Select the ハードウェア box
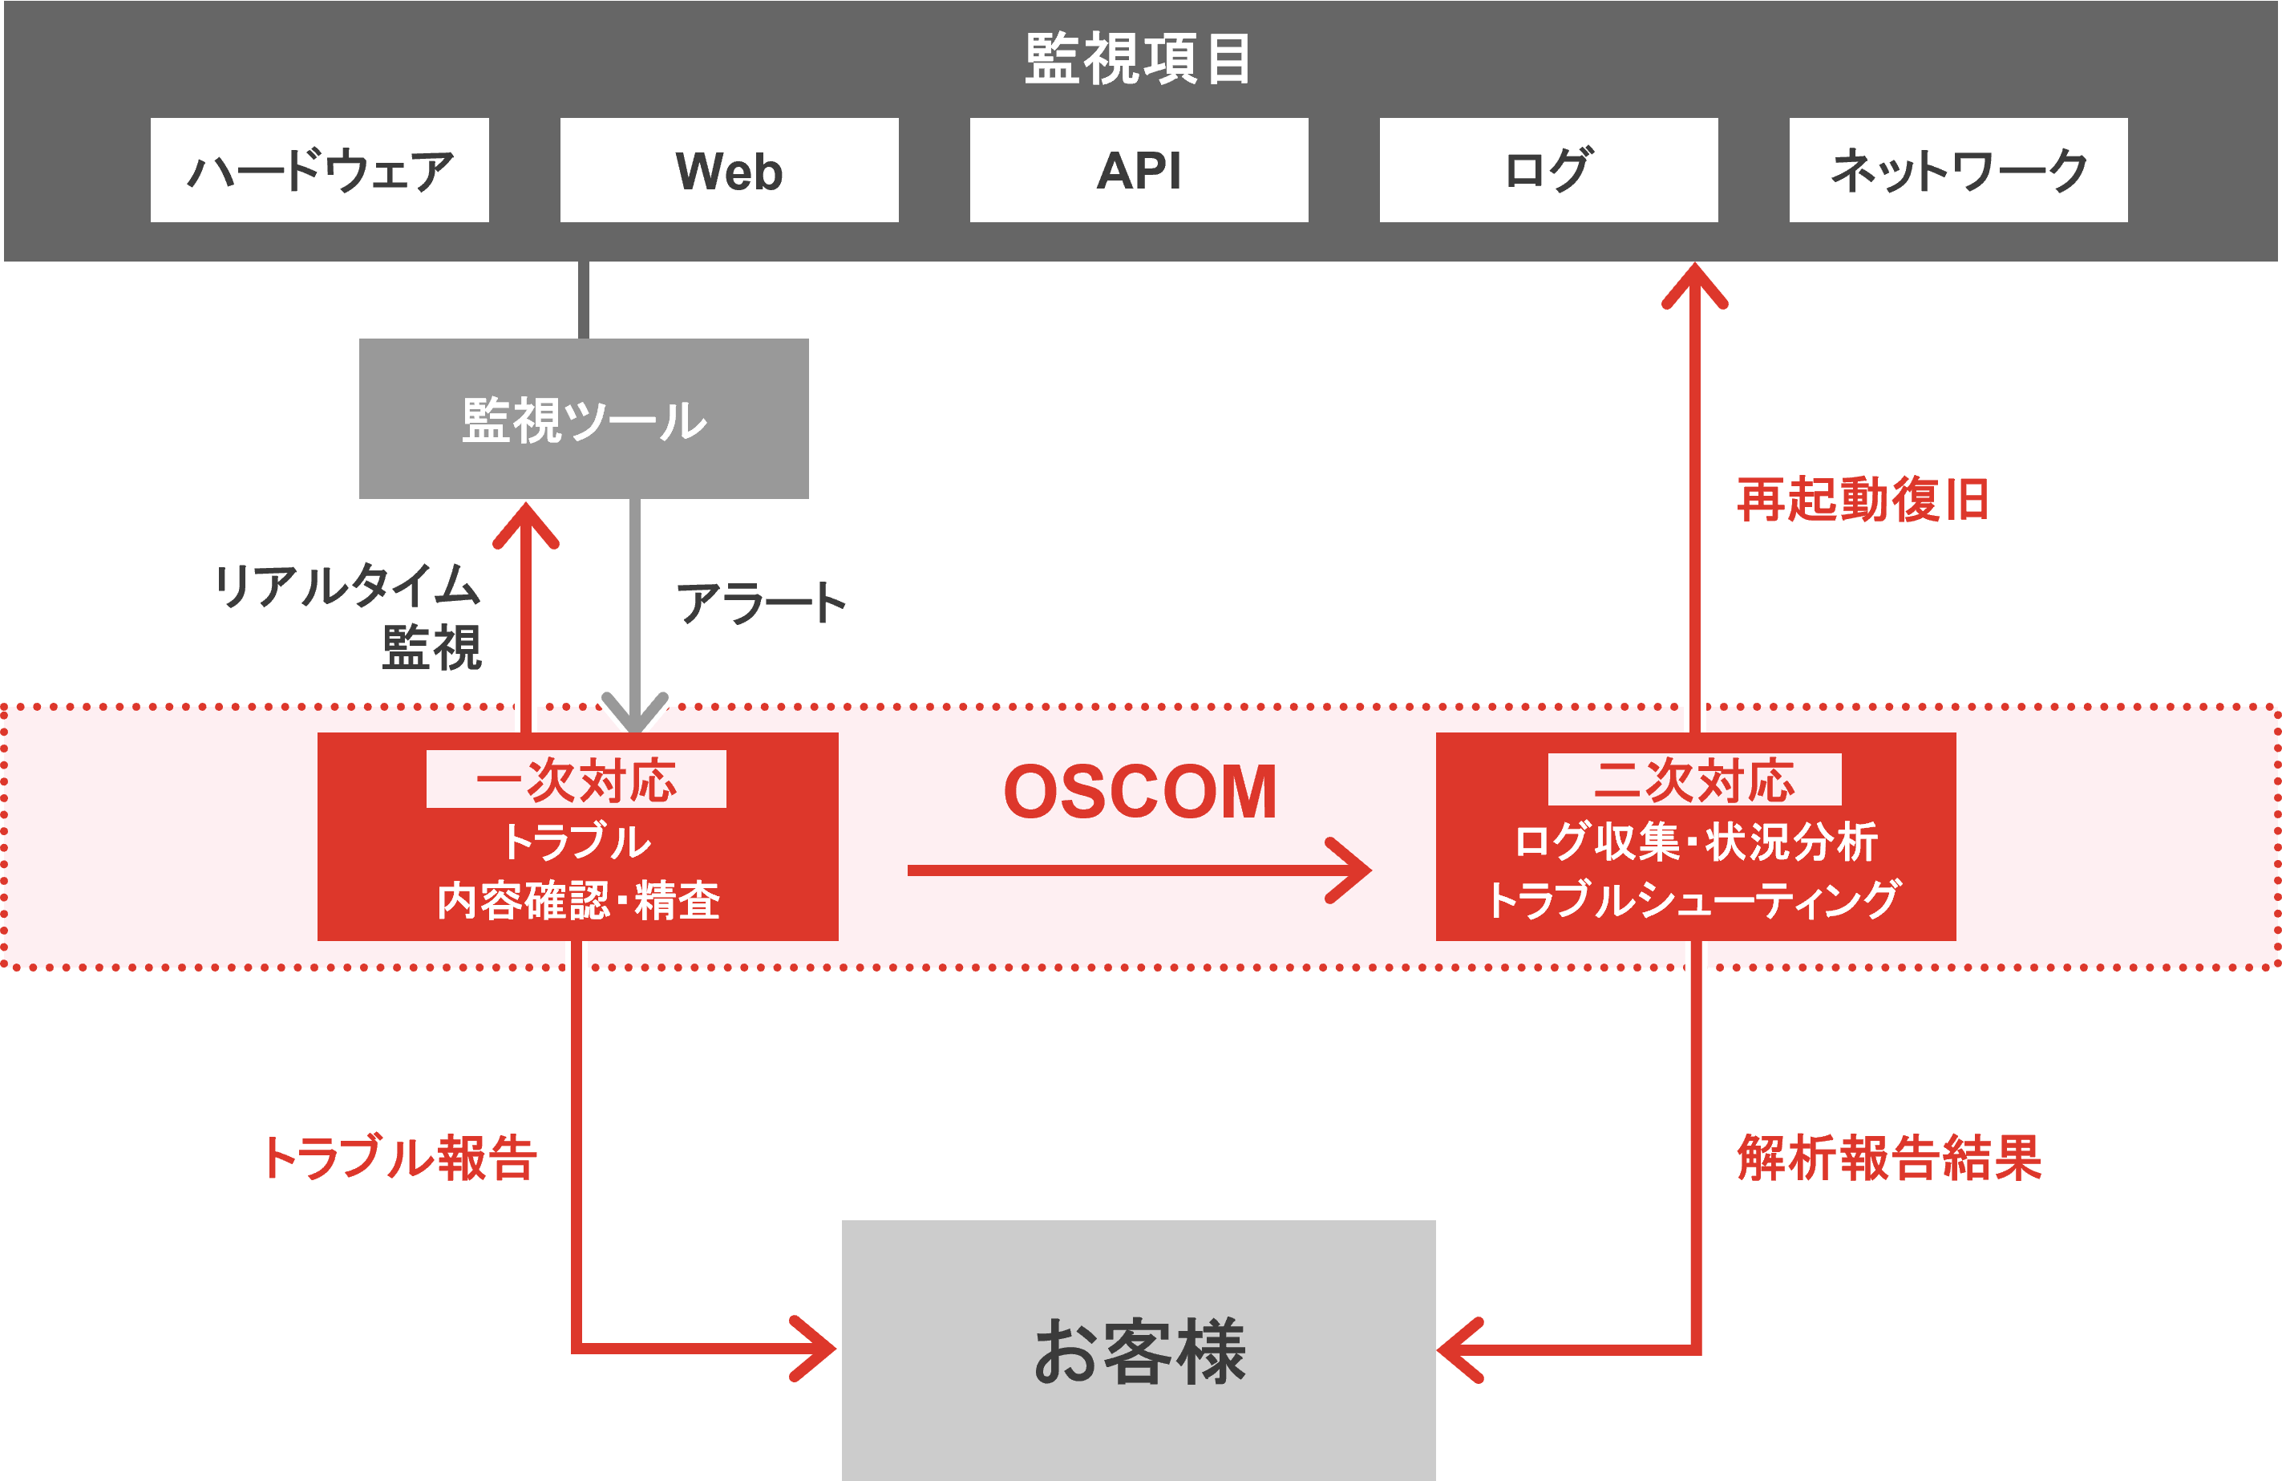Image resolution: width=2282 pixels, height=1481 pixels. coord(319,171)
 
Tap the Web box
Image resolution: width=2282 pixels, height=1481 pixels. coord(729,171)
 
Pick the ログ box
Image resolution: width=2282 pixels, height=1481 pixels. coord(1548,171)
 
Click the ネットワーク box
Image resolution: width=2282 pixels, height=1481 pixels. coord(1958,171)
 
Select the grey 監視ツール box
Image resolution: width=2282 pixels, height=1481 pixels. coord(583,419)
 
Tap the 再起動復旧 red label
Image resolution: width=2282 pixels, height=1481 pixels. coord(1862,500)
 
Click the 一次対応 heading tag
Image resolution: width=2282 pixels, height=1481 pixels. coord(577,780)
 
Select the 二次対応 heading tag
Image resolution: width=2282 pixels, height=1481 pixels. coord(1694,780)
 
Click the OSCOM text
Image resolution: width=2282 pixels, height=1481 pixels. coord(1140,793)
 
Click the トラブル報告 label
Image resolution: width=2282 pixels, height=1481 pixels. coord(398,1157)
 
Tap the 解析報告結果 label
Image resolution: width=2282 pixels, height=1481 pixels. coord(1889,1157)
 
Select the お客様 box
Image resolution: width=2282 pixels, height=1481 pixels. coord(1138,1350)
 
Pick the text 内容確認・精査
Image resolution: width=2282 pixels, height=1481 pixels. coord(578,899)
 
